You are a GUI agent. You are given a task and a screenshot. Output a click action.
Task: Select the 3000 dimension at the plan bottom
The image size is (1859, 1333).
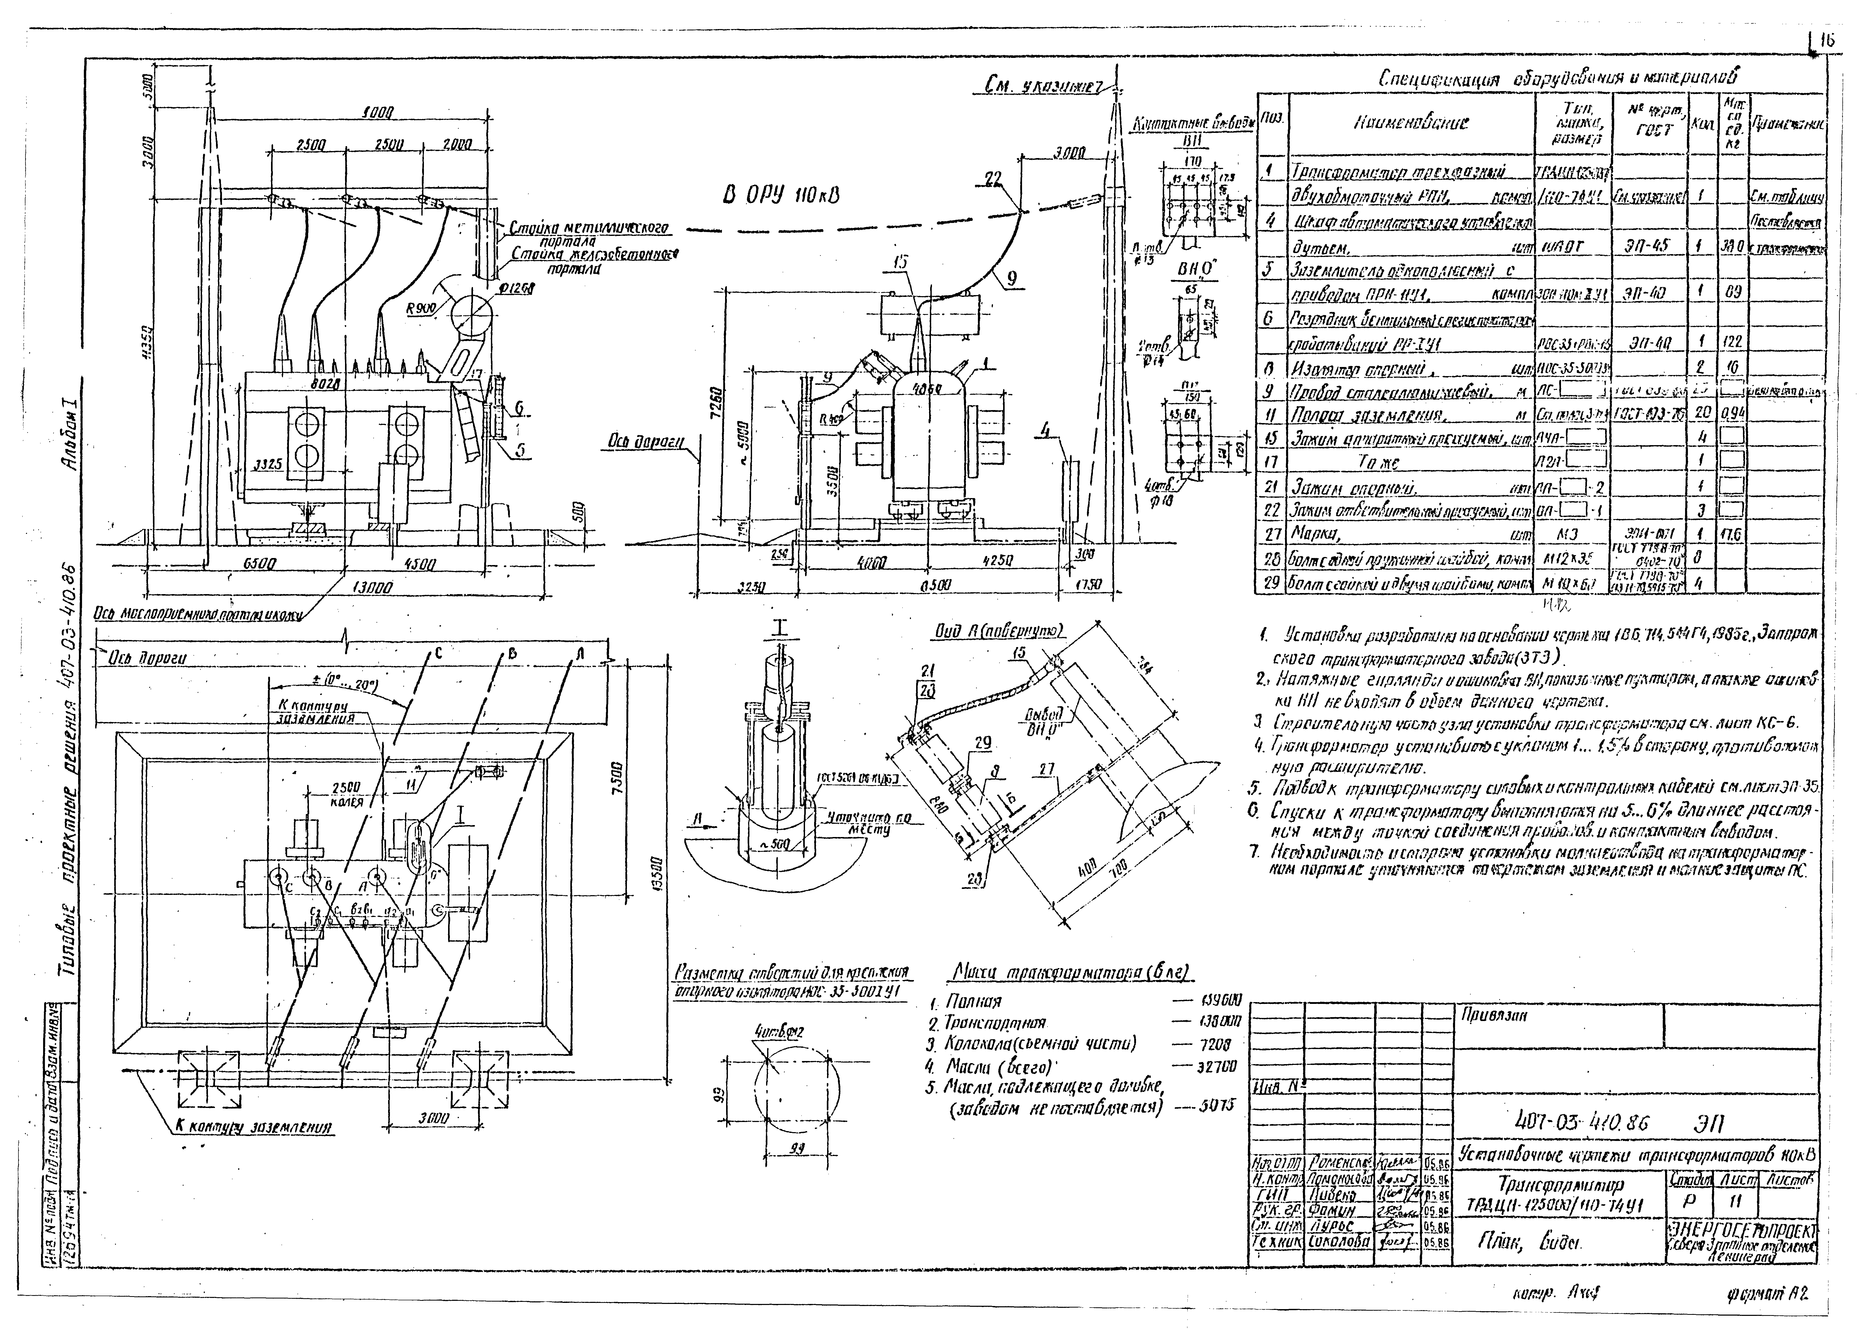tap(434, 1118)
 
